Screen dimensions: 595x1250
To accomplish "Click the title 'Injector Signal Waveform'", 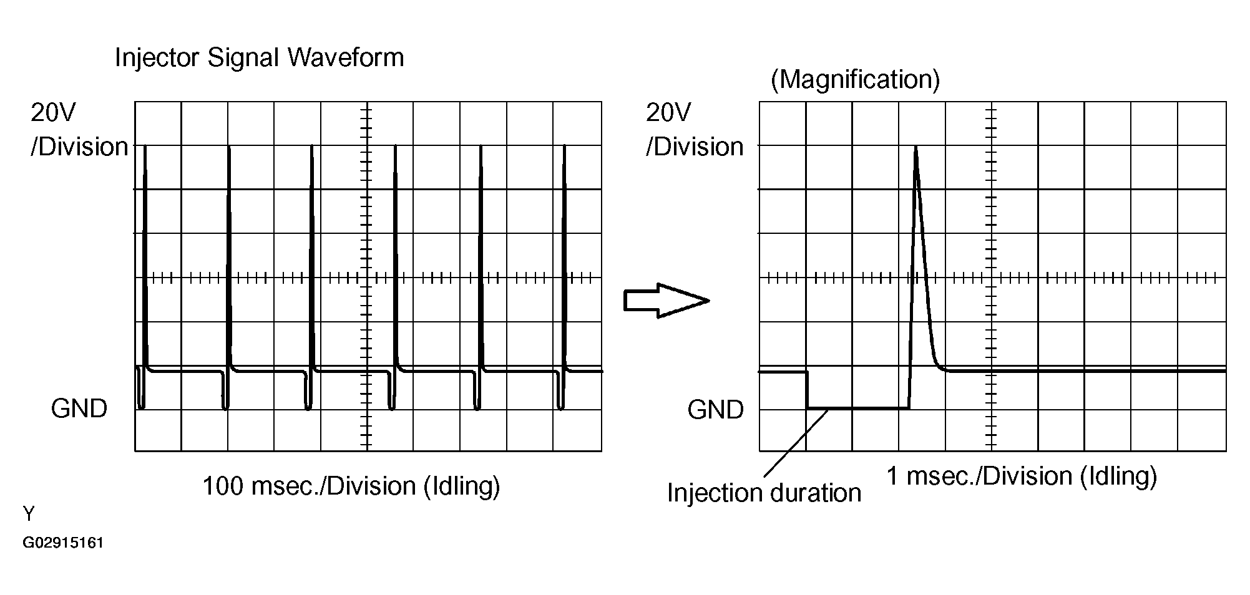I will (x=259, y=58).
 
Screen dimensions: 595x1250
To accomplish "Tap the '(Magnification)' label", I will (x=855, y=80).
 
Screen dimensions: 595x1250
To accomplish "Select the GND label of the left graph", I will (x=79, y=409).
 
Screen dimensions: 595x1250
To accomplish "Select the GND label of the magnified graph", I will (x=715, y=410).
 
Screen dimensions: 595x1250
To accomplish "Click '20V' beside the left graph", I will (x=54, y=113).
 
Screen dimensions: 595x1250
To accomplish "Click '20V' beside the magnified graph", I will (x=668, y=113).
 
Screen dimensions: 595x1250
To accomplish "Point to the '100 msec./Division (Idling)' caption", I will (x=351, y=486).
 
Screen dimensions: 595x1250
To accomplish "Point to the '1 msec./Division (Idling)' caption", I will (x=1022, y=476).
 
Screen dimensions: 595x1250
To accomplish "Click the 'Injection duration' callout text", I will (x=764, y=493).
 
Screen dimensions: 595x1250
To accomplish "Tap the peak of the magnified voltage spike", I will (x=916, y=147).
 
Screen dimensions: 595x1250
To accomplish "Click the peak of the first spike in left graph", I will (x=145, y=147).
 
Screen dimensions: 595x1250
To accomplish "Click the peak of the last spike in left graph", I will (x=565, y=147).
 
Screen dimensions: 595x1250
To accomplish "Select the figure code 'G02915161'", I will (x=63, y=543).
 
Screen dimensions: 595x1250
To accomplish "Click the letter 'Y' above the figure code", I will (x=29, y=514).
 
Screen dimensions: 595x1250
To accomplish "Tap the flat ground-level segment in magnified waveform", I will (x=858, y=409).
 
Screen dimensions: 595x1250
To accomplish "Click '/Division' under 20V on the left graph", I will (x=79, y=147).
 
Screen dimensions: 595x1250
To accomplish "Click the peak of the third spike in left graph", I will (x=311, y=147).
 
